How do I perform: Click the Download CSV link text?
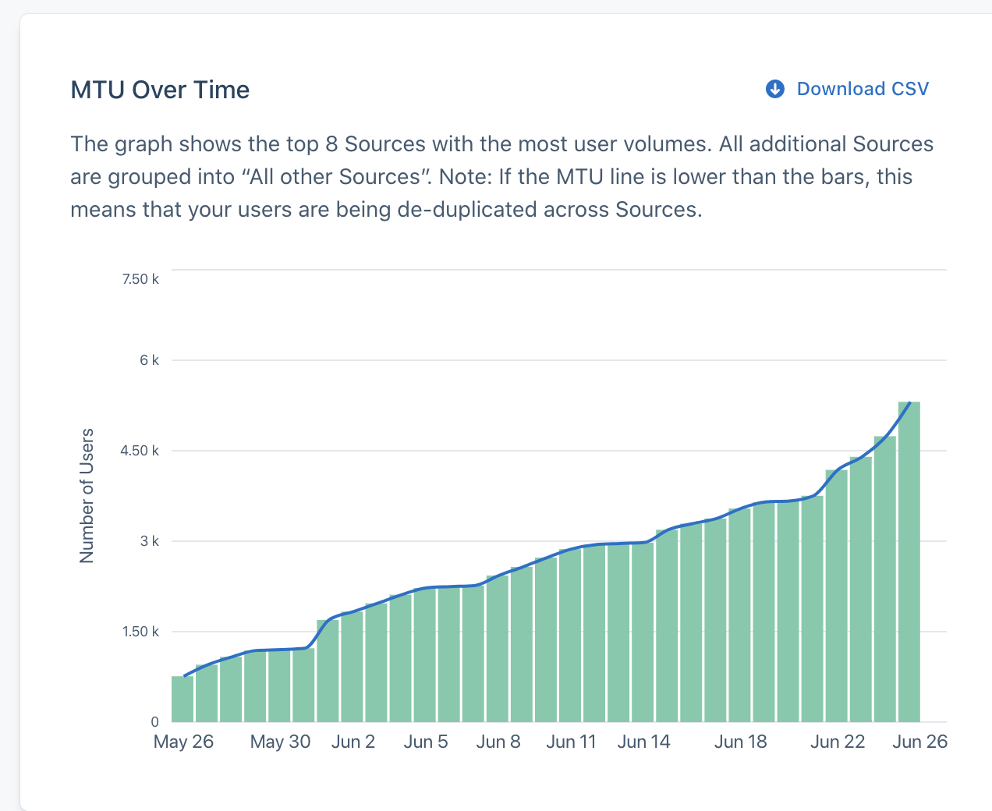click(x=863, y=89)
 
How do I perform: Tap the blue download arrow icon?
click(x=774, y=89)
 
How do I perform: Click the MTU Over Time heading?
click(x=160, y=90)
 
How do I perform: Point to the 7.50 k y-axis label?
click(x=140, y=279)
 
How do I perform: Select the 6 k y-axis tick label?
click(x=149, y=360)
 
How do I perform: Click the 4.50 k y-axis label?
click(x=140, y=451)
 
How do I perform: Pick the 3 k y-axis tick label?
click(x=149, y=541)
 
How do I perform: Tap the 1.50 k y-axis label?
click(x=140, y=632)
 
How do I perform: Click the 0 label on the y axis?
click(x=154, y=722)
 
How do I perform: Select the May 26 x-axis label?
click(x=183, y=742)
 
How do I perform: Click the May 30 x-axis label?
click(x=280, y=742)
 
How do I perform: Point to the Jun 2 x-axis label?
click(x=353, y=742)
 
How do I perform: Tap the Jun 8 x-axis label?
click(x=498, y=742)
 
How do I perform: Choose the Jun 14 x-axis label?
click(x=643, y=742)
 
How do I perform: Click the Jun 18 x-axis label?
click(x=740, y=742)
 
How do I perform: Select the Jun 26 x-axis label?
click(x=919, y=742)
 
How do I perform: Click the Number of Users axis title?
click(x=87, y=496)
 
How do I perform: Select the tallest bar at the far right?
click(x=909, y=561)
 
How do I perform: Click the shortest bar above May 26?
click(x=182, y=699)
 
